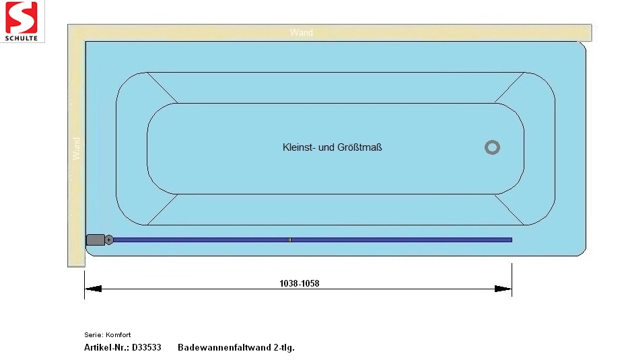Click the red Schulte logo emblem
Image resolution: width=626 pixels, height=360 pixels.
(x=21, y=17)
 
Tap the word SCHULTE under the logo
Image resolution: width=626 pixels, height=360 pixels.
(x=21, y=38)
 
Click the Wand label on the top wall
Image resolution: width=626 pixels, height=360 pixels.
(x=302, y=32)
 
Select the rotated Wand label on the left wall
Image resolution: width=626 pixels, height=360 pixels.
(x=76, y=149)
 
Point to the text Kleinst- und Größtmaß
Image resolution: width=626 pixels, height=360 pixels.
(x=332, y=147)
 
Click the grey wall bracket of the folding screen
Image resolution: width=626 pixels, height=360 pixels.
(x=96, y=240)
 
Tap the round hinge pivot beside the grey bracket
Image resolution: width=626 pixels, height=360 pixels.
(x=108, y=240)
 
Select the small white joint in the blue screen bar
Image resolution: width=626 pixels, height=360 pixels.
(x=289, y=240)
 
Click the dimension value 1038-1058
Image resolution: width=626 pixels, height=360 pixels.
(x=300, y=283)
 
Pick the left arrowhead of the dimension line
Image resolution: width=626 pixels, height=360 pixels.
(x=93, y=289)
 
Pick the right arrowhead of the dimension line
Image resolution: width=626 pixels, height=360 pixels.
(x=503, y=289)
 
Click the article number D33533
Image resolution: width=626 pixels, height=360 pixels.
(x=147, y=347)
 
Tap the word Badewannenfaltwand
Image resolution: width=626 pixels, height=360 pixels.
(x=224, y=347)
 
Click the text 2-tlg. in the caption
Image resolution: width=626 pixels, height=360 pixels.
(x=284, y=348)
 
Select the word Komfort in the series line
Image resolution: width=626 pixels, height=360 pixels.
(x=118, y=335)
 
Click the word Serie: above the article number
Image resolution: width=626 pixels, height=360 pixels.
(x=94, y=335)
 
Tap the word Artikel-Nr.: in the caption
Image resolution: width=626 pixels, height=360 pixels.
(x=106, y=347)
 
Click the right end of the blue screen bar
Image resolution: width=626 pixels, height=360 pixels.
(x=512, y=240)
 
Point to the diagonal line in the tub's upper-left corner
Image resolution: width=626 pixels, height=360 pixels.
(x=162, y=87)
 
